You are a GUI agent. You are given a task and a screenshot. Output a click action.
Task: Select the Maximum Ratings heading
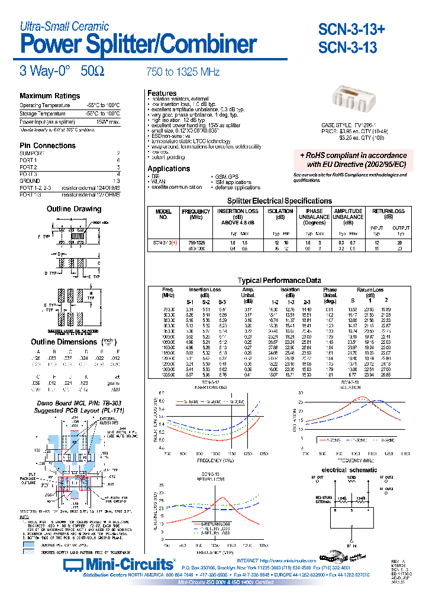coord(50,96)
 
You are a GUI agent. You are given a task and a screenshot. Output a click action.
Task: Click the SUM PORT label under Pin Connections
coord(32,153)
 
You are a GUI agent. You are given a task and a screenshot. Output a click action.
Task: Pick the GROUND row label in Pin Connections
coord(30,181)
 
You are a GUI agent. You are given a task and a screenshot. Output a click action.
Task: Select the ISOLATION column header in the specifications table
coord(280,211)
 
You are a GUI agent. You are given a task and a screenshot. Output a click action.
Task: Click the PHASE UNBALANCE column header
coord(314,214)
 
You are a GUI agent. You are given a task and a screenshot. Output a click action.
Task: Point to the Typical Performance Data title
coord(279,281)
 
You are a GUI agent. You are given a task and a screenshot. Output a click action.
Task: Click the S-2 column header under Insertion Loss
coord(206,302)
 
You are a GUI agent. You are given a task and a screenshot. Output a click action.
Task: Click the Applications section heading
coord(169,169)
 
